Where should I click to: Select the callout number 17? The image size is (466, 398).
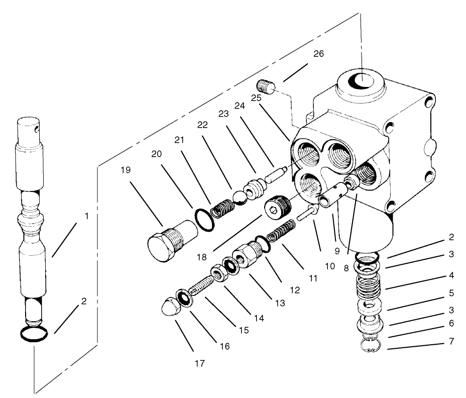(199, 363)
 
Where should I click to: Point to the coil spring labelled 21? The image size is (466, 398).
(221, 208)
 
